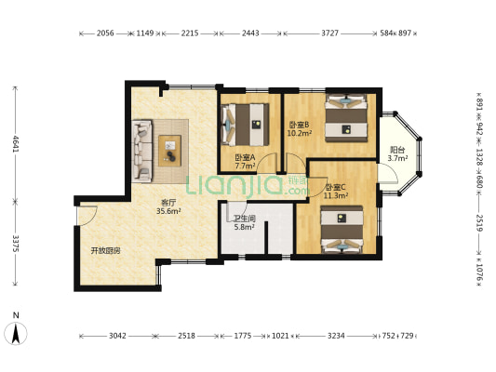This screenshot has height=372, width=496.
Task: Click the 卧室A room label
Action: [x=245, y=157]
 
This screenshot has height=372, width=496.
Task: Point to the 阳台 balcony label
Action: [x=397, y=150]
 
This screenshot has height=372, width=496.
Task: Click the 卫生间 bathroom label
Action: [x=244, y=219]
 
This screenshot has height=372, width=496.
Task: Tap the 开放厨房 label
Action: [x=106, y=251]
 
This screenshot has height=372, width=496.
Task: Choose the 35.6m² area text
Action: [x=168, y=211]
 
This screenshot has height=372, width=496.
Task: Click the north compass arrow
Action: [x=16, y=334]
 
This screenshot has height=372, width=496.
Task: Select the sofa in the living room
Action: [x=142, y=151]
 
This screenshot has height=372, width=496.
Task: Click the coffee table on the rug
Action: [x=170, y=151]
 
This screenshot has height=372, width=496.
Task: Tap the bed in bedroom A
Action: [x=246, y=125]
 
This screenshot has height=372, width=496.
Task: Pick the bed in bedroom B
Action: [x=346, y=117]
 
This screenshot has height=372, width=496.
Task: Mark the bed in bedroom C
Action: [x=342, y=230]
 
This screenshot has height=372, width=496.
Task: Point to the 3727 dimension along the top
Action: [x=330, y=33]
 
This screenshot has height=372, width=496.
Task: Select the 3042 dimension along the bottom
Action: [x=117, y=336]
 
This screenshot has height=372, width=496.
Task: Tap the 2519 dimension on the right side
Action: [x=479, y=223]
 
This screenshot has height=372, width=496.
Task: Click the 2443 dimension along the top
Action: [x=250, y=33]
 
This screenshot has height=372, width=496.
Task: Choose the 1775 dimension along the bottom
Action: [x=243, y=336]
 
